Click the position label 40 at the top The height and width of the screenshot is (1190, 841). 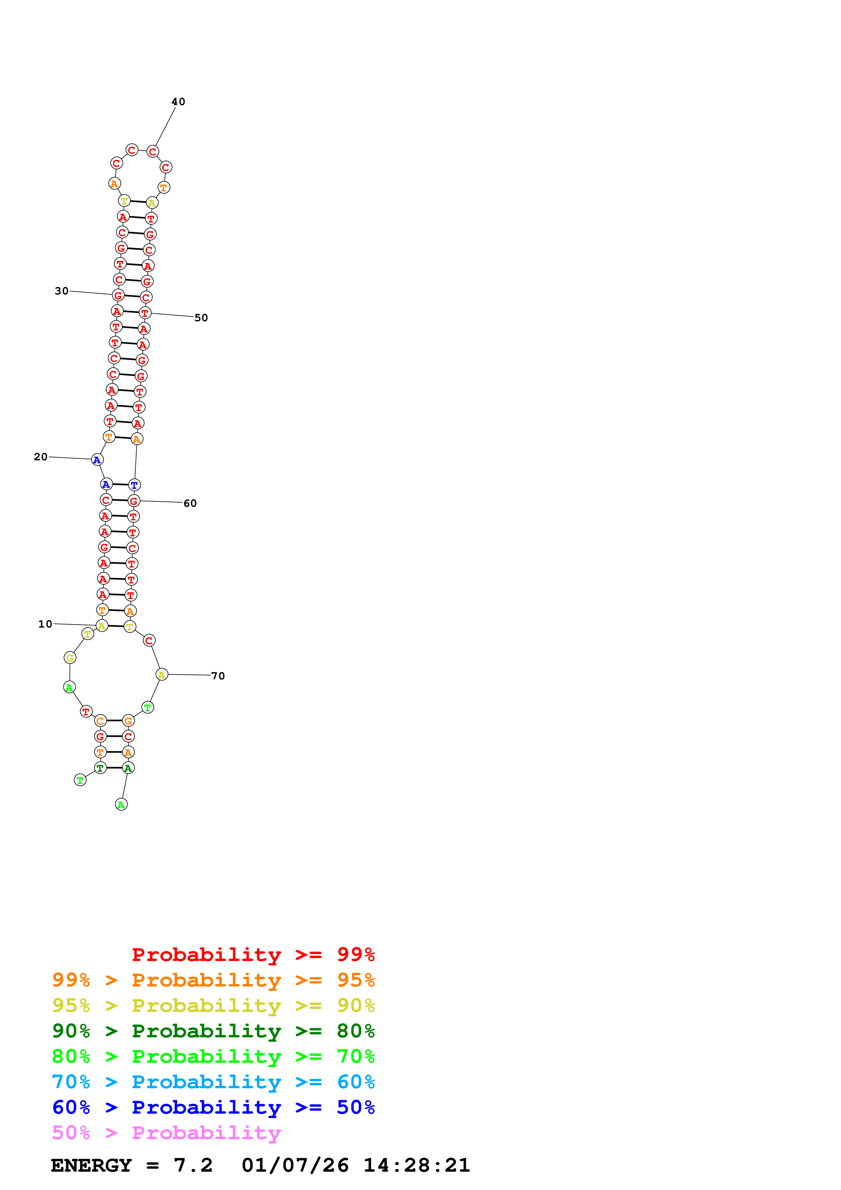tap(178, 101)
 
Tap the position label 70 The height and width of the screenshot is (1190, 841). tap(218, 676)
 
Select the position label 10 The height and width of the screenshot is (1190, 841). tap(45, 624)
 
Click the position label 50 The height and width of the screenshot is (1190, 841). tap(201, 318)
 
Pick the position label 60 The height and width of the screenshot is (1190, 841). tap(190, 503)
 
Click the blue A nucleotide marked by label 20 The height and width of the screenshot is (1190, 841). tap(97, 460)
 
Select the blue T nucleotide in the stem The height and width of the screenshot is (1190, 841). tap(134, 485)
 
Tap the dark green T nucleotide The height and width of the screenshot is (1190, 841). tap(100, 768)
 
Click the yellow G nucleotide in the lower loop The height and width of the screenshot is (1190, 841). tap(70, 658)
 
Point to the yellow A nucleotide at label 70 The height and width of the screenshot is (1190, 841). tap(162, 674)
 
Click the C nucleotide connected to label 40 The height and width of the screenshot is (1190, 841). tap(152, 151)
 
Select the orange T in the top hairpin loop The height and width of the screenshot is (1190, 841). tap(164, 188)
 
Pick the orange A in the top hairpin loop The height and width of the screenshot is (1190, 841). tap(115, 184)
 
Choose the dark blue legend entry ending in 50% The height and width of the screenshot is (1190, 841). tap(213, 1107)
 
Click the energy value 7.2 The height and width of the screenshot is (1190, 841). tap(193, 1165)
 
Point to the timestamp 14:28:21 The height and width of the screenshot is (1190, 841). tap(416, 1165)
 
